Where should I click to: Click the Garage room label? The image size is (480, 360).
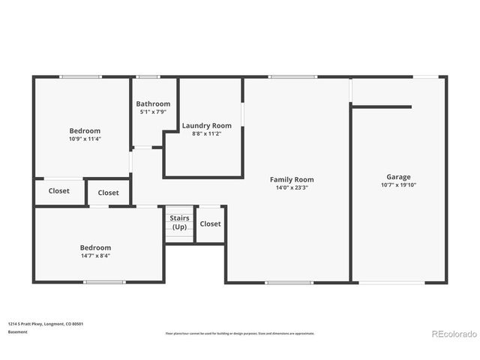pyautogui.click(x=398, y=177)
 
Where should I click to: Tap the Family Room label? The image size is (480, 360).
pyautogui.click(x=292, y=179)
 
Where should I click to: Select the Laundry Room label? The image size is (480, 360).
pyautogui.click(x=206, y=125)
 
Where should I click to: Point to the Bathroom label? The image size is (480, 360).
pyautogui.click(x=153, y=103)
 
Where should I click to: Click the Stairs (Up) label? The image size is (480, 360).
pyautogui.click(x=179, y=222)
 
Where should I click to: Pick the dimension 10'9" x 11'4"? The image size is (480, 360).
pyautogui.click(x=85, y=139)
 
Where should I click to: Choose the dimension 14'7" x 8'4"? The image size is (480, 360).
pyautogui.click(x=95, y=256)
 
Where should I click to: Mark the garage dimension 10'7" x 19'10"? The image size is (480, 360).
pyautogui.click(x=398, y=185)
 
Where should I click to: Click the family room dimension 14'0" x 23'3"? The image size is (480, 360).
pyautogui.click(x=292, y=187)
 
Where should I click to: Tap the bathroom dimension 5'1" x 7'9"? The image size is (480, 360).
pyautogui.click(x=153, y=112)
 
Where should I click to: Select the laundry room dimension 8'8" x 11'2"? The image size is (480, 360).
pyautogui.click(x=206, y=133)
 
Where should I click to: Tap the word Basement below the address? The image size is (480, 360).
pyautogui.click(x=17, y=331)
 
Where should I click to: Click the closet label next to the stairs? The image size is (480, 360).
pyautogui.click(x=211, y=223)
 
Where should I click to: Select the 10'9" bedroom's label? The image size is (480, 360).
pyautogui.click(x=85, y=130)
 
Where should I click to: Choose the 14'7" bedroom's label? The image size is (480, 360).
pyautogui.click(x=95, y=247)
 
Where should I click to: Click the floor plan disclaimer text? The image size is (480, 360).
pyautogui.click(x=240, y=333)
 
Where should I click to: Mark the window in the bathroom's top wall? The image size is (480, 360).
pyautogui.click(x=148, y=76)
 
